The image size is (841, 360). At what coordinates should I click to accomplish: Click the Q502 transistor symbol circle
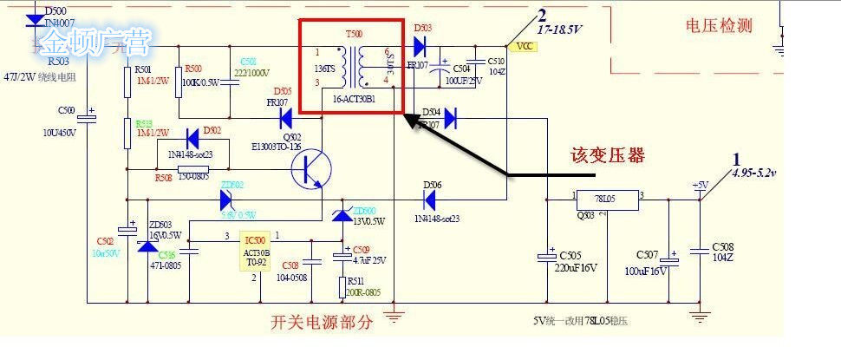(310, 168)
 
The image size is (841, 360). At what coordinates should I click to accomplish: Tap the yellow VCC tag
(524, 47)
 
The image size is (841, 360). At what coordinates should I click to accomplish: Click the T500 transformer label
(355, 33)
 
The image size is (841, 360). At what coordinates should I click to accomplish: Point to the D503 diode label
(422, 29)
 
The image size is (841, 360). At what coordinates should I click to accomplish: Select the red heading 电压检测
(719, 26)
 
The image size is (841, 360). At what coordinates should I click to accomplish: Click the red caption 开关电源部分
(322, 323)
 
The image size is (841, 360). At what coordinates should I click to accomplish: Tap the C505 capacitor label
(570, 256)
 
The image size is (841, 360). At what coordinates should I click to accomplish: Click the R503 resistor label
(57, 62)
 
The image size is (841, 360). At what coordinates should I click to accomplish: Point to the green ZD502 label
(232, 184)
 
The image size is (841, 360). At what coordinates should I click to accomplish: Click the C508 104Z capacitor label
(722, 252)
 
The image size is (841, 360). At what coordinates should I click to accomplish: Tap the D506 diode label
(433, 185)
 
